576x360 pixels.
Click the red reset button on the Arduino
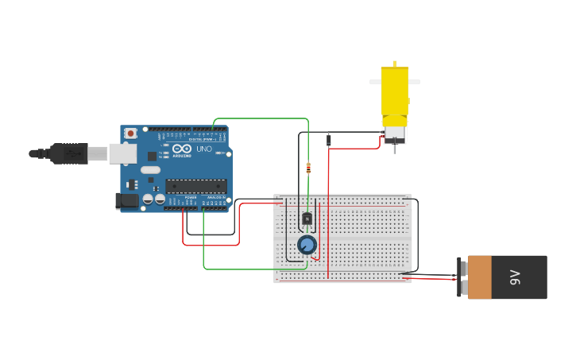coord(130,134)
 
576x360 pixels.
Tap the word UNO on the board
coord(204,149)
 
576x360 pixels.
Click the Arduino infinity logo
coord(182,149)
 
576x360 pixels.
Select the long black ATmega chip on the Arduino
coord(195,186)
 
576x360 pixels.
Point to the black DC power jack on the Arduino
coord(127,202)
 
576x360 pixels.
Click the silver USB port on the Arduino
coord(122,153)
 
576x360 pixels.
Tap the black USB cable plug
coord(70,153)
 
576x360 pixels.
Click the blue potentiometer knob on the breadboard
coord(307,244)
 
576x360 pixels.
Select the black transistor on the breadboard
coord(307,219)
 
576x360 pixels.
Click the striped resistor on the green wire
coord(308,168)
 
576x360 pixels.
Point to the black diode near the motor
coord(329,141)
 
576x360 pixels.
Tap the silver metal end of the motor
coord(395,136)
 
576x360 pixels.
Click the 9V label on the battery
coord(515,277)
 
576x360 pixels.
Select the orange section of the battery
coord(479,277)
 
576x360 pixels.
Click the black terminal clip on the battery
coord(460,277)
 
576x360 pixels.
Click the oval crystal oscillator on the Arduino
coord(150,169)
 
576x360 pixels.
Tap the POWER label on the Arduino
coord(191,197)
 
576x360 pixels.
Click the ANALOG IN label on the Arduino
coord(216,197)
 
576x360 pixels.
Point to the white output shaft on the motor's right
coord(414,82)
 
